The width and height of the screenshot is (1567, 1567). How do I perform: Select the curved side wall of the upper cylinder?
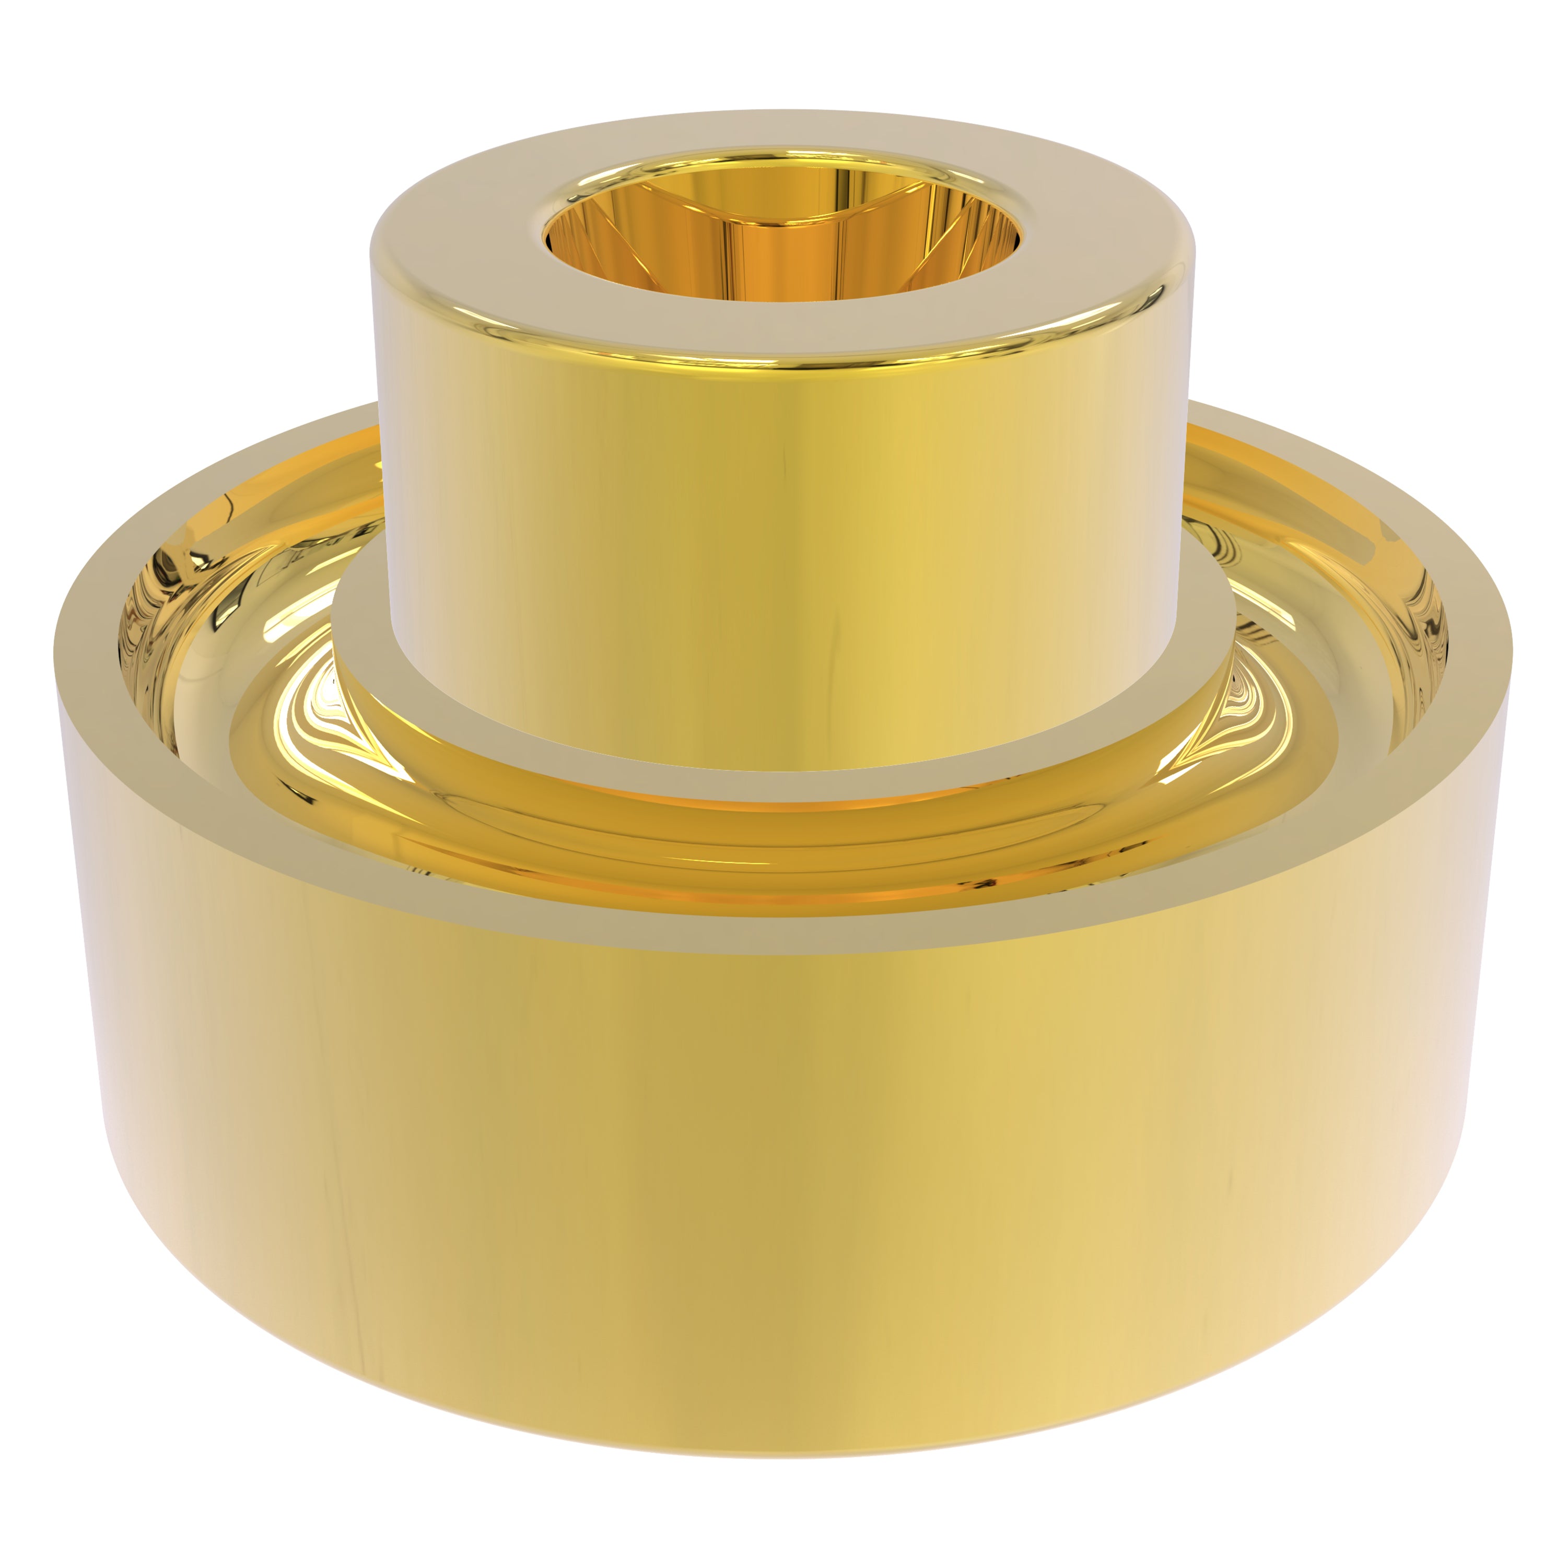pyautogui.click(x=783, y=552)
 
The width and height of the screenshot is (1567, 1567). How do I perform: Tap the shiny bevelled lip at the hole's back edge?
pyautogui.click(x=783, y=153)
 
